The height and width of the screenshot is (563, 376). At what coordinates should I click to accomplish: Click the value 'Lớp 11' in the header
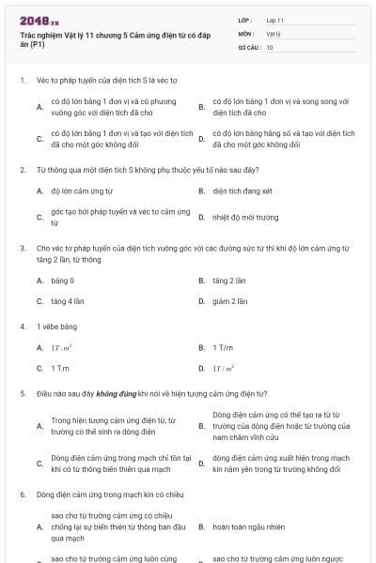click(274, 20)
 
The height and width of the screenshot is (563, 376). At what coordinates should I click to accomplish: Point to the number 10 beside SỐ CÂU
click(269, 46)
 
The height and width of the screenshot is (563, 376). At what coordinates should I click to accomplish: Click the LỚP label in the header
click(246, 20)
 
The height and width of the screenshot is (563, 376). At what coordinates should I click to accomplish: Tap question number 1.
click(22, 81)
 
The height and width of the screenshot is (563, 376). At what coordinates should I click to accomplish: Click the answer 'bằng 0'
click(62, 281)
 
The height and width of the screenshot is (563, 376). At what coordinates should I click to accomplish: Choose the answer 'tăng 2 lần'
click(228, 281)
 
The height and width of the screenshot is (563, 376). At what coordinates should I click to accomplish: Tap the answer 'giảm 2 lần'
click(229, 301)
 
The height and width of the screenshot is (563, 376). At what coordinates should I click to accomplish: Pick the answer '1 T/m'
click(222, 347)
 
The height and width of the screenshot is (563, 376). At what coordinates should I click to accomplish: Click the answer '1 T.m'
click(60, 368)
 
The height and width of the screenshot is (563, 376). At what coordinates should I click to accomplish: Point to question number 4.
click(22, 327)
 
